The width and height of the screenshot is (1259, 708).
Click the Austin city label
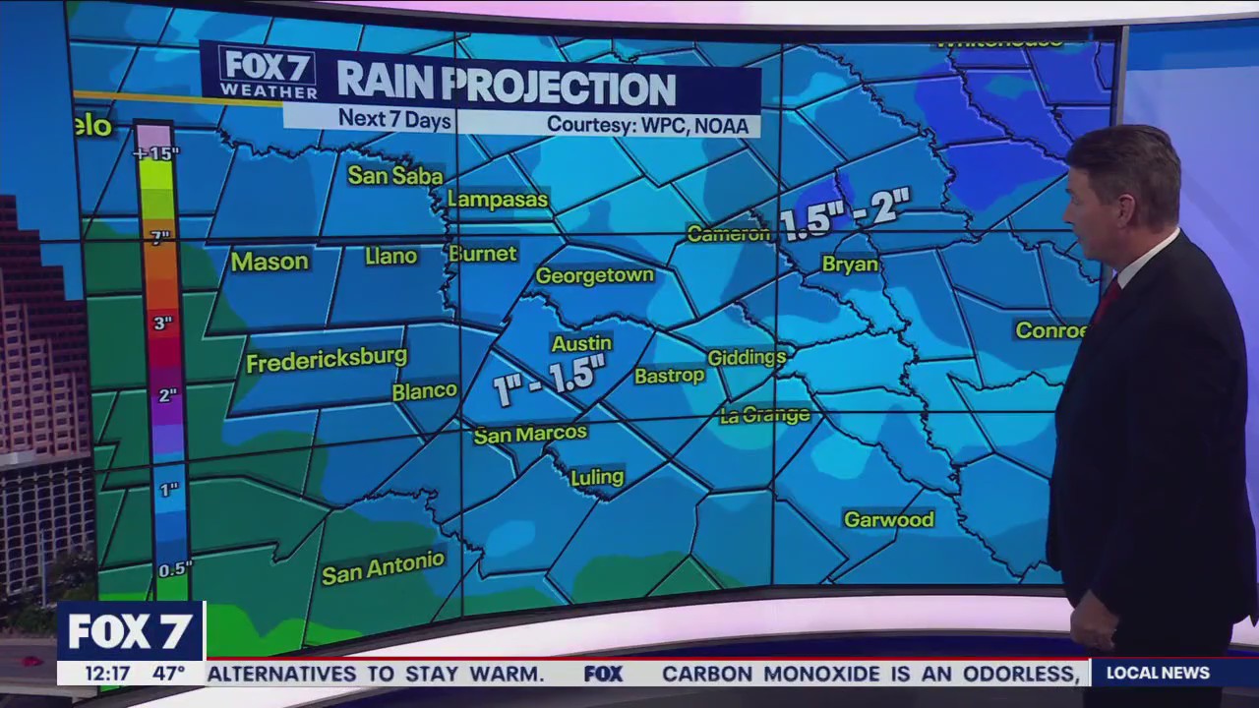(582, 343)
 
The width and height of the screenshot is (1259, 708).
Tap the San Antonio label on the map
(383, 567)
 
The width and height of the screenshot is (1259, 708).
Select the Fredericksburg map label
(327, 360)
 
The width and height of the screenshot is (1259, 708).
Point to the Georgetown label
(594, 276)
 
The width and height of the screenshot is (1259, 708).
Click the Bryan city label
(850, 265)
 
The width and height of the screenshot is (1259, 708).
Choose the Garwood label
(888, 519)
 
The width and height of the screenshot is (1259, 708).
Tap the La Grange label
(764, 415)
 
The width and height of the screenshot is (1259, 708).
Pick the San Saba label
(395, 175)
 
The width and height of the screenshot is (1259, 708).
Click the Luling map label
(597, 477)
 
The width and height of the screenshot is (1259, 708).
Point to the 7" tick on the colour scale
(159, 236)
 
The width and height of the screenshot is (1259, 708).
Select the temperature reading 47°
(168, 674)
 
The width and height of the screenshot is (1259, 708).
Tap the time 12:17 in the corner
(106, 674)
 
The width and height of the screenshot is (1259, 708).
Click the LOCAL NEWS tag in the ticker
(1157, 673)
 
